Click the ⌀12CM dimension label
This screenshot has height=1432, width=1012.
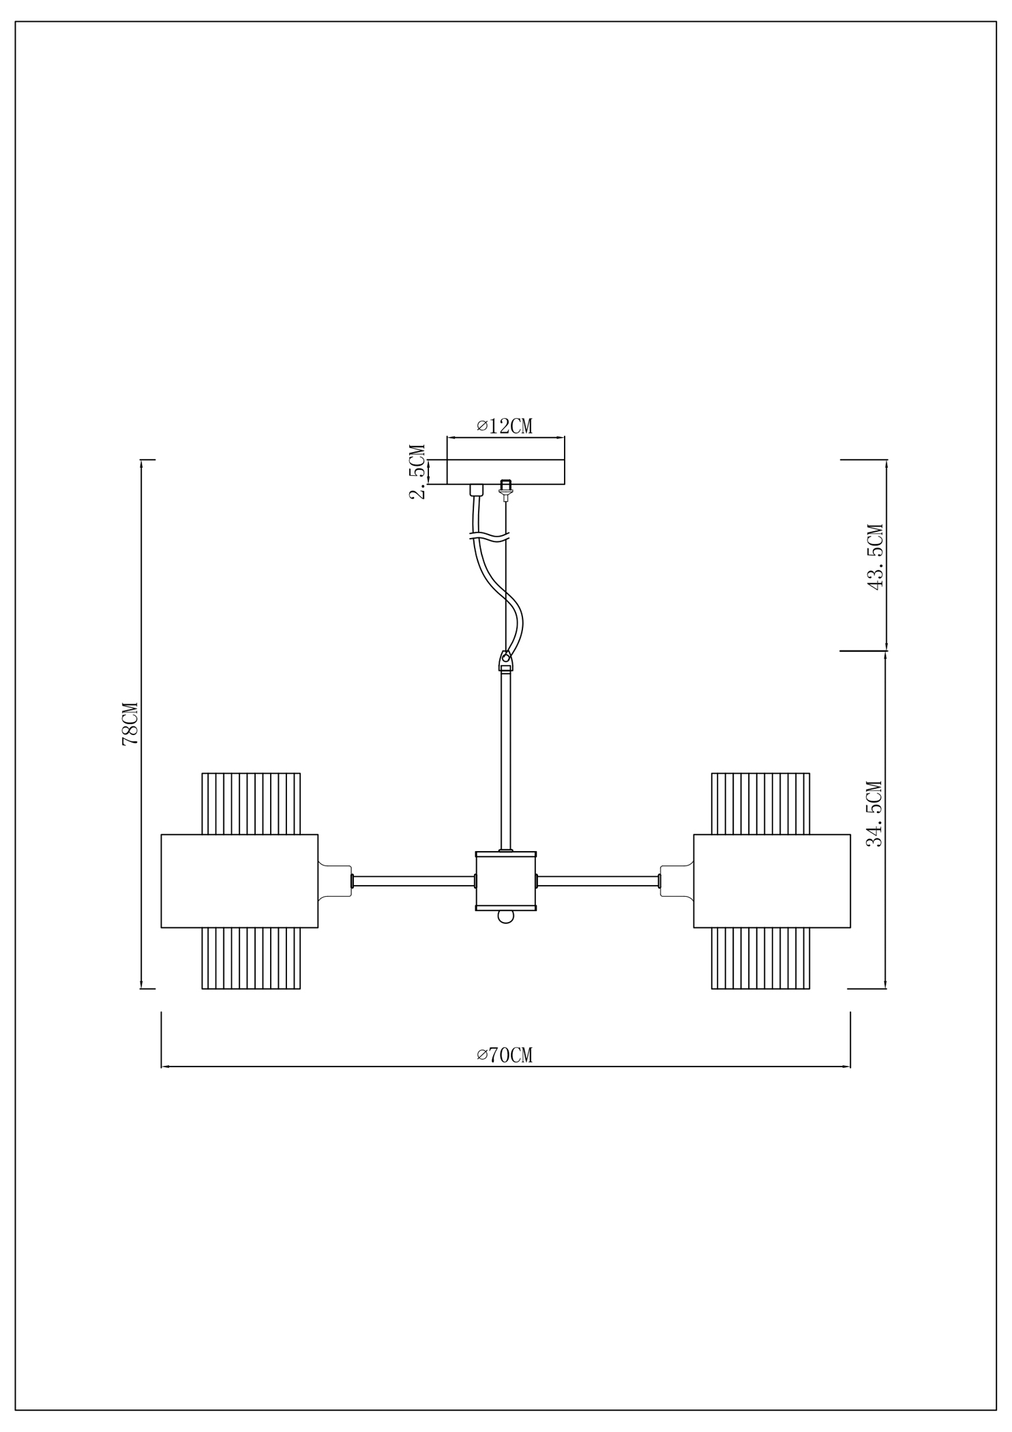[505, 426]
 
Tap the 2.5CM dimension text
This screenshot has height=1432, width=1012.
[418, 472]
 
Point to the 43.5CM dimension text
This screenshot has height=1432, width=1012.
[875, 556]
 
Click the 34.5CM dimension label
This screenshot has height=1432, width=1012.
[875, 814]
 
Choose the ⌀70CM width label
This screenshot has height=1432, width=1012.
[505, 1055]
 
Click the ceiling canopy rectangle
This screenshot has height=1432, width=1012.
[506, 472]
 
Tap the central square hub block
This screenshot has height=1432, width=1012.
[506, 881]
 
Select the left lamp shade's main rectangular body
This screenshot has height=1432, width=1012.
[239, 881]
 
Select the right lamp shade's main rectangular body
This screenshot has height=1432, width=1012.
[772, 881]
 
